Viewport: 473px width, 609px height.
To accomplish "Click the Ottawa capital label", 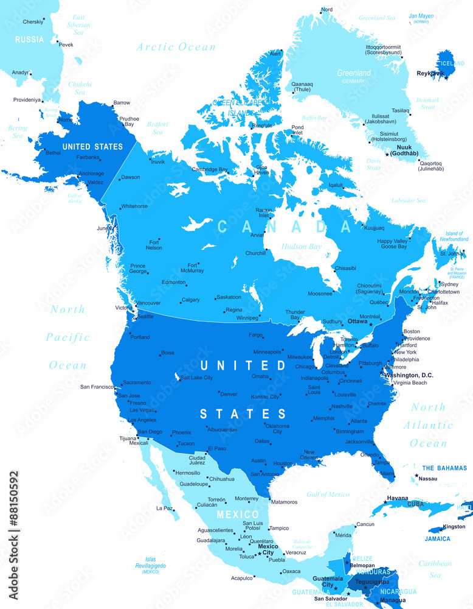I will click(357, 321).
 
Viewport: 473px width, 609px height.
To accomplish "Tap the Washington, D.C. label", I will click(409, 375).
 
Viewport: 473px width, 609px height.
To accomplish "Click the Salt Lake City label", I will click(197, 378).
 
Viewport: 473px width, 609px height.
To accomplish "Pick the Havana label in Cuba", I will click(398, 498).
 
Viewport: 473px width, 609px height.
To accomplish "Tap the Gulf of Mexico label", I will click(328, 495).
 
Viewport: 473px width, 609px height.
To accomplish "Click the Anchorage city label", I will click(91, 174).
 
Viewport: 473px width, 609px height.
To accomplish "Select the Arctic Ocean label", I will click(176, 47).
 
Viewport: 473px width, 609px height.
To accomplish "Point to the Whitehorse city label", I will click(134, 206).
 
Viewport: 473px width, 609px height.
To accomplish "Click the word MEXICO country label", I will click(234, 515).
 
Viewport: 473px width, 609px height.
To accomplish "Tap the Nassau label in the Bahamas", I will click(427, 479).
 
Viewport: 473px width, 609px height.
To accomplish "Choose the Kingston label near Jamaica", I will click(454, 526).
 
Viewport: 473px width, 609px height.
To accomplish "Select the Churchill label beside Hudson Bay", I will click(255, 253).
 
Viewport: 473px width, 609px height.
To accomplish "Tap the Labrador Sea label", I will click(408, 200).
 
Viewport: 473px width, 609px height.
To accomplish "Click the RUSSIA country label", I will click(30, 40).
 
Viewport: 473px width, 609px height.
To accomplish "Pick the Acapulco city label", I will click(243, 578).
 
